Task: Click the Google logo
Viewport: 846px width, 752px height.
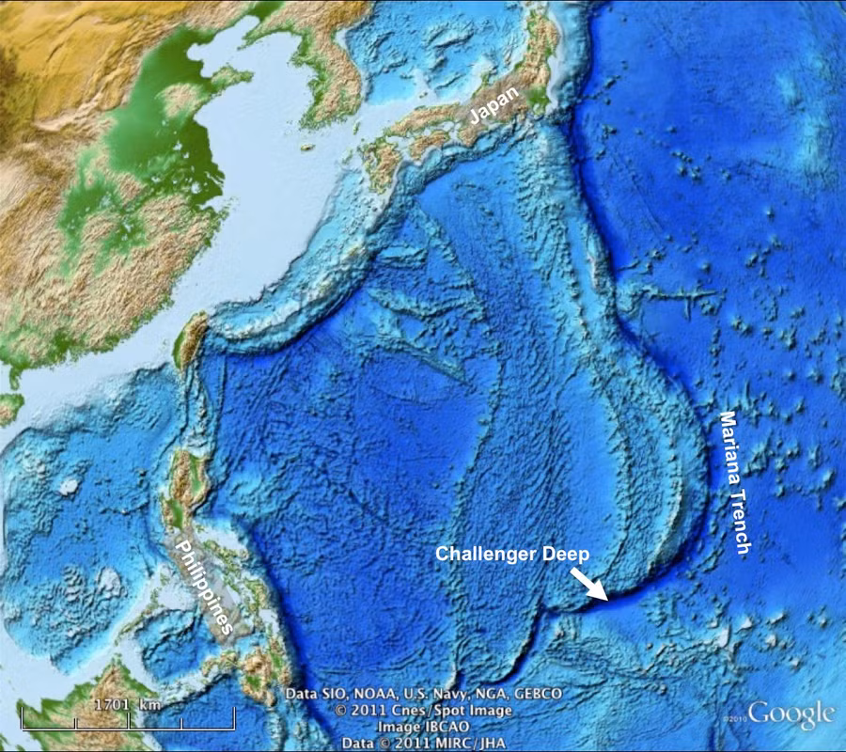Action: [x=791, y=713]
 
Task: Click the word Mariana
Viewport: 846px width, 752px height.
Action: [x=730, y=446]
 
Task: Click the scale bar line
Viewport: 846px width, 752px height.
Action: [x=128, y=726]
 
